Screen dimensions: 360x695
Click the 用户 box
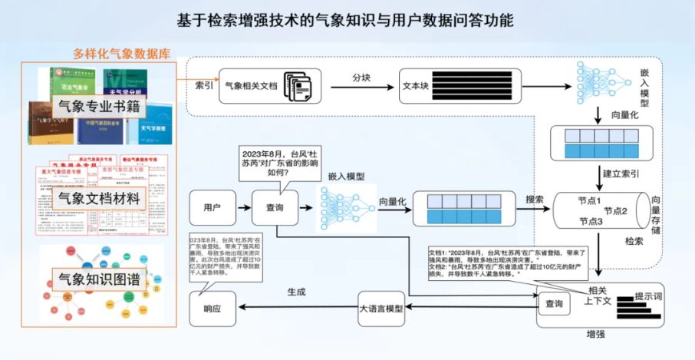tap(212, 207)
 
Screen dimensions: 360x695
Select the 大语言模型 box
tap(381, 309)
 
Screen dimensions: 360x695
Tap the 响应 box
tap(212, 309)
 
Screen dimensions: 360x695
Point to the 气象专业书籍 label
tap(100, 107)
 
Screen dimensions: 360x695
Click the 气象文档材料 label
tap(100, 198)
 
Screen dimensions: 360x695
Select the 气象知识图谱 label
tap(100, 278)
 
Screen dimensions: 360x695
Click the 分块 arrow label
tap(363, 78)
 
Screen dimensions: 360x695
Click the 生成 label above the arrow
tap(296, 292)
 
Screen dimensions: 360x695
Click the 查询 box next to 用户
tap(274, 207)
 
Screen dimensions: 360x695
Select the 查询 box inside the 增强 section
tap(554, 304)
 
